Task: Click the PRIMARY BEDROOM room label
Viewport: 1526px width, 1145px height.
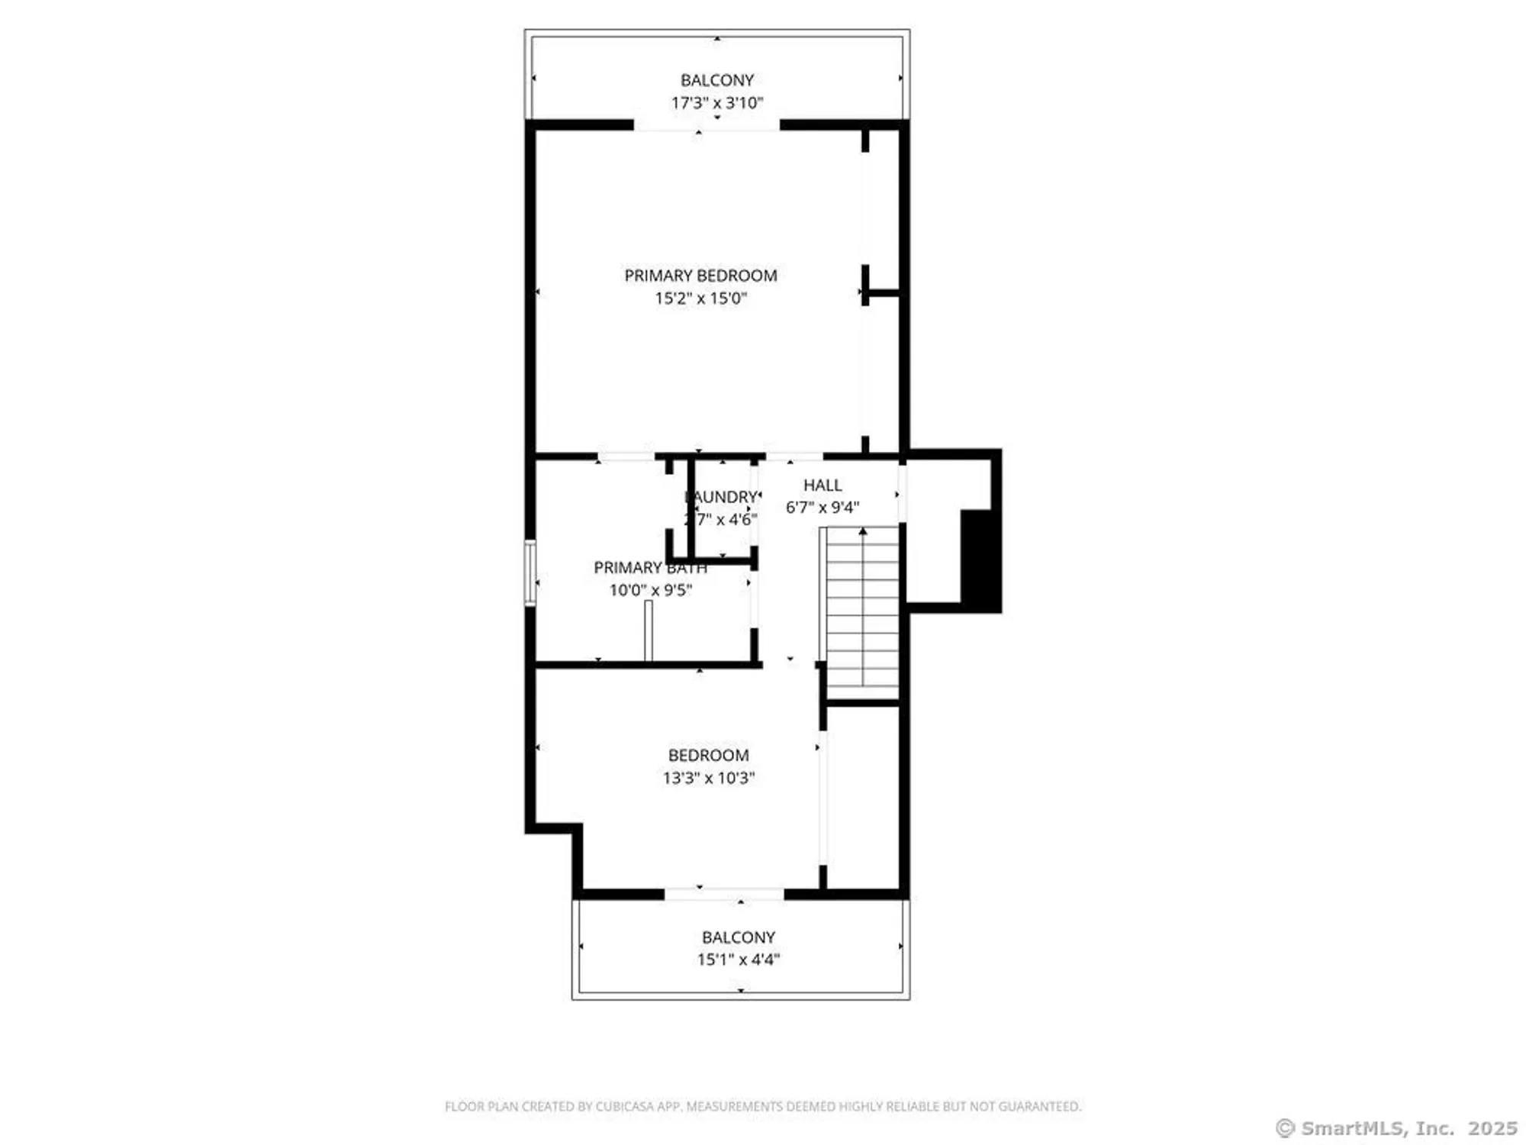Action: pos(700,276)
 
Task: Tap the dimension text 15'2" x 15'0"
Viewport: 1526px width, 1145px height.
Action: pos(700,298)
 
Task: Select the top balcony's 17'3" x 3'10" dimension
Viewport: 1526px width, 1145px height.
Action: pos(716,103)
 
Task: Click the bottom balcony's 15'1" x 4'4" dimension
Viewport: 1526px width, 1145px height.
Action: pos(738,960)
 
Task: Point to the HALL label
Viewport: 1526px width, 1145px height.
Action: pos(822,485)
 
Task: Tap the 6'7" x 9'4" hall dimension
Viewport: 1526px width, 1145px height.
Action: pos(822,508)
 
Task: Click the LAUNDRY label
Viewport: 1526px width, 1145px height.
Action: pos(722,497)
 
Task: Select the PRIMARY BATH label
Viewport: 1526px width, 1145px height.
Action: pos(649,568)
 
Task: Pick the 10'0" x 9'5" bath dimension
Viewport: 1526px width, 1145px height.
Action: pos(650,590)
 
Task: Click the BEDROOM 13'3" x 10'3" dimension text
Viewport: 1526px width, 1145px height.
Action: pos(708,778)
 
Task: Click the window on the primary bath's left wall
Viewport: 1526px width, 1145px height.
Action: pos(530,572)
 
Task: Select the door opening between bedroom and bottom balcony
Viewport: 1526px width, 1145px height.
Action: pos(724,893)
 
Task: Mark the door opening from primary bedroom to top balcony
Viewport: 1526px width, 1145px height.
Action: pos(707,126)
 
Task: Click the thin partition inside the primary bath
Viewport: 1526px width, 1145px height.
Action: pos(649,631)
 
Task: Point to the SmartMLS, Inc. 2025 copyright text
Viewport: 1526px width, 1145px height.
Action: pos(1396,1128)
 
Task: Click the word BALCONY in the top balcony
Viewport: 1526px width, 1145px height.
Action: pos(716,80)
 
